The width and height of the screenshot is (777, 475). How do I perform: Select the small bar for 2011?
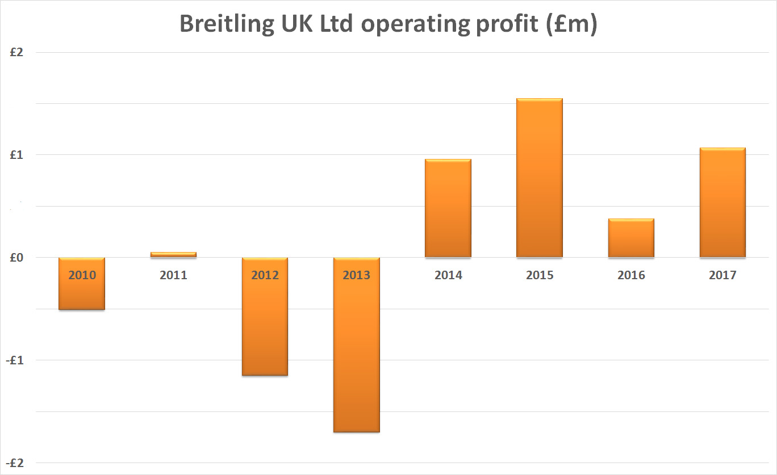173,255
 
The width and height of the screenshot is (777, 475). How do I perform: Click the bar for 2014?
448,208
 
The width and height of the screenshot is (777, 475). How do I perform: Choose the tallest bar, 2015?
540,178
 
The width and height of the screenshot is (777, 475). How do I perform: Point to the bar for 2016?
631,238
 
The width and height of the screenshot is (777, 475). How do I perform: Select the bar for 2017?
722,203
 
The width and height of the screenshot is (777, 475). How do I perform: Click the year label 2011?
173,275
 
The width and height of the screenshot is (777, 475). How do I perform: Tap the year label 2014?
448,275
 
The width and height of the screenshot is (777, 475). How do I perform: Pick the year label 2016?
631,275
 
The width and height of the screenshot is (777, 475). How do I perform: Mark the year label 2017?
722,275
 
